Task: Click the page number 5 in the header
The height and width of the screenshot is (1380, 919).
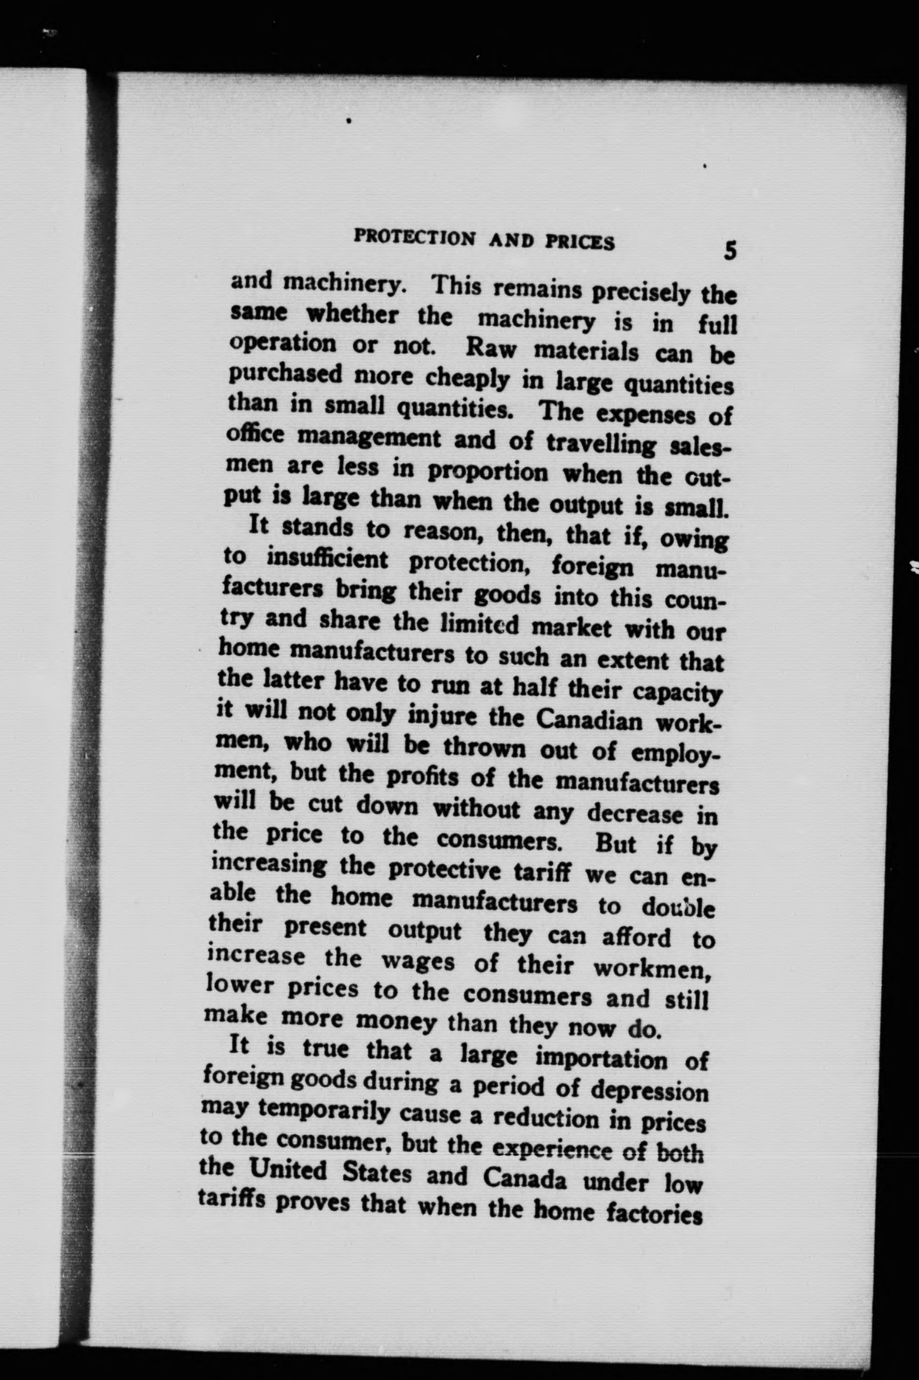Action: (729, 251)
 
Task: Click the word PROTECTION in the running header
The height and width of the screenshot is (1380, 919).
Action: (417, 237)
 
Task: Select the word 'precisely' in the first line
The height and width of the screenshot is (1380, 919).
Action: (640, 291)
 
